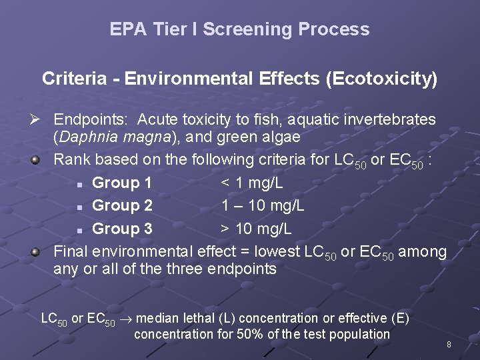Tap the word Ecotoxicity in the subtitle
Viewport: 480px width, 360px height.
click(381, 79)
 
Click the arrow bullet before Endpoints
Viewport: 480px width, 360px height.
click(37, 120)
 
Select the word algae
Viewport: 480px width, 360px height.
click(280, 137)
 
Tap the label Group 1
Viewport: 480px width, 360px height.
click(122, 183)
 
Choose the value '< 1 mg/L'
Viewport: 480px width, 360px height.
click(253, 183)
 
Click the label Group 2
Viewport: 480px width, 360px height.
click(122, 205)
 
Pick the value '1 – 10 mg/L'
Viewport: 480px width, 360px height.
click(263, 205)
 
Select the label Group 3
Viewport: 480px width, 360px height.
click(122, 229)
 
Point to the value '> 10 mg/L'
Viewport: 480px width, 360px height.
click(257, 229)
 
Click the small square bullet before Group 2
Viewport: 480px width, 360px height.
click(79, 207)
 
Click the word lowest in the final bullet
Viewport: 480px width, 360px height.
click(276, 251)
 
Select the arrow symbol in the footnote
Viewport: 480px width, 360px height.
click(129, 319)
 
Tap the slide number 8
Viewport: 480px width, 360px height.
click(449, 345)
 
